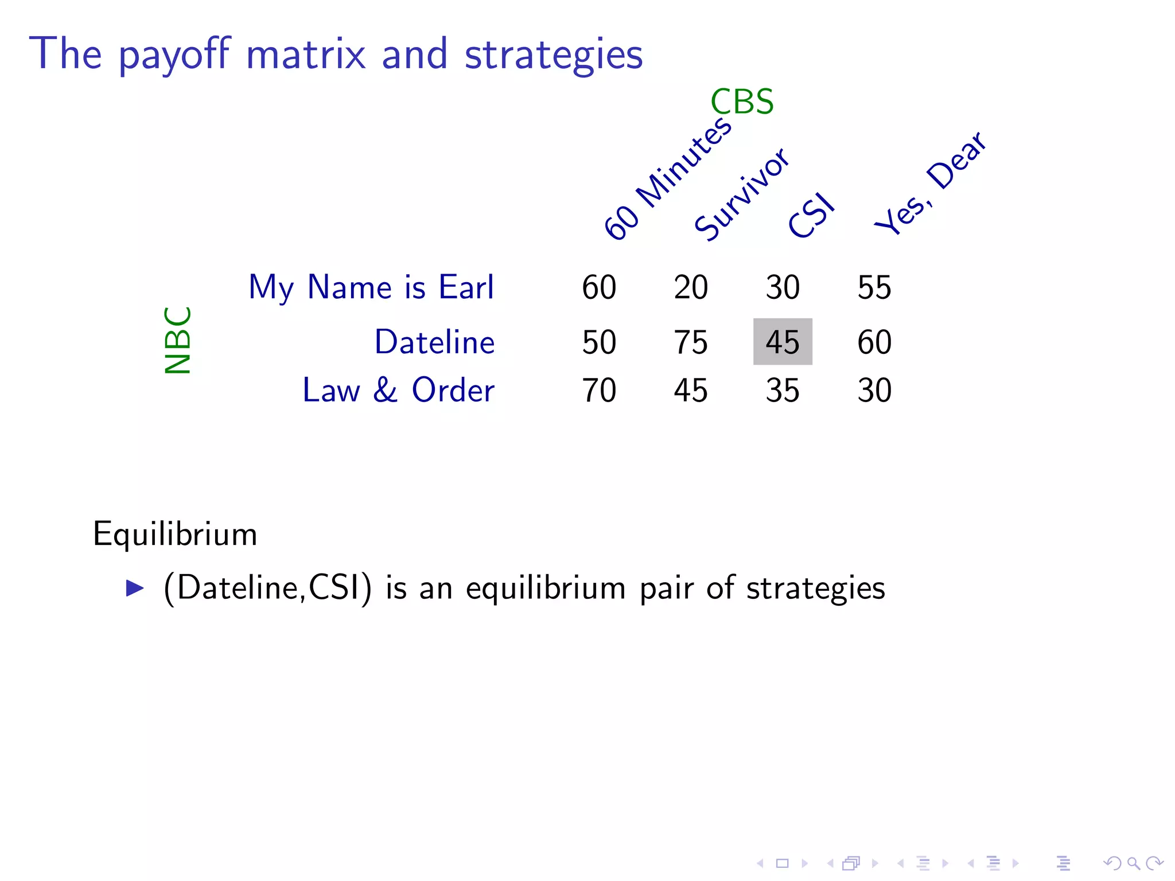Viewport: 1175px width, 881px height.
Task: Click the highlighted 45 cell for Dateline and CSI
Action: click(x=783, y=342)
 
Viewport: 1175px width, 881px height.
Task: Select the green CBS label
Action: click(x=742, y=102)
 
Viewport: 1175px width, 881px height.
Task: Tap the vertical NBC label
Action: click(x=177, y=340)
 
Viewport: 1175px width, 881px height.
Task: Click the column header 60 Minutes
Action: click(x=668, y=178)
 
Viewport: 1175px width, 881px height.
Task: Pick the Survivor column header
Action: click(x=742, y=194)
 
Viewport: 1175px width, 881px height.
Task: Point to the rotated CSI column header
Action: click(x=811, y=215)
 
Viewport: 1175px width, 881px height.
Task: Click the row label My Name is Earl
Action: click(x=371, y=287)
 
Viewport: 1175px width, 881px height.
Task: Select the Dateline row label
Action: click(x=434, y=342)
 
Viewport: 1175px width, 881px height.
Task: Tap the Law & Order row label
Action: click(x=398, y=391)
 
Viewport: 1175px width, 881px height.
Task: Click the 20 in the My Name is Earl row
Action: click(x=691, y=287)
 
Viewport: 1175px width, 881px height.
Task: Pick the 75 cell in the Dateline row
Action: click(x=691, y=342)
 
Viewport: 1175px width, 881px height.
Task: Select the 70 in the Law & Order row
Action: click(x=599, y=391)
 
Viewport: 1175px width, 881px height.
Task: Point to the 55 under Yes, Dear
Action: click(x=874, y=287)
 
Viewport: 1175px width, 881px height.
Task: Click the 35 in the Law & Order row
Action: click(x=783, y=391)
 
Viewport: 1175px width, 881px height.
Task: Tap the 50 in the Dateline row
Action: click(x=599, y=342)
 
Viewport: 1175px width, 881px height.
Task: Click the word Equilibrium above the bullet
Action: click(x=175, y=535)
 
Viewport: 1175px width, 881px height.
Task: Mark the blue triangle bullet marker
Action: click(x=135, y=588)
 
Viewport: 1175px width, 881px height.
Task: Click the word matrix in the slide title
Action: click(x=306, y=54)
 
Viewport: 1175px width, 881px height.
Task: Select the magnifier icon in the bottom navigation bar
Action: click(x=1133, y=863)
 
